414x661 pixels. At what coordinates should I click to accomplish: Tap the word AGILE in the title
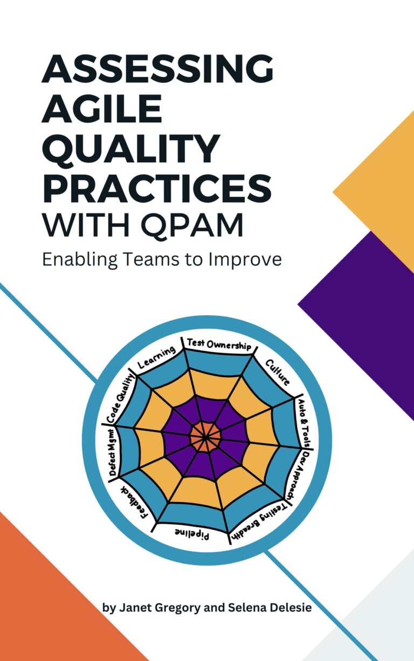[102, 110]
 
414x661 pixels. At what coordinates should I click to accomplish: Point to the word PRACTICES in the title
[156, 187]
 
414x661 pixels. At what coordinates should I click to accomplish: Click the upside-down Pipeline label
[192, 534]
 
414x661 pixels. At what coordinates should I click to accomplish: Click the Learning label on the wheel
[157, 358]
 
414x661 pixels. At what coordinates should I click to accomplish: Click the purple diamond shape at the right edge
[367, 313]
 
